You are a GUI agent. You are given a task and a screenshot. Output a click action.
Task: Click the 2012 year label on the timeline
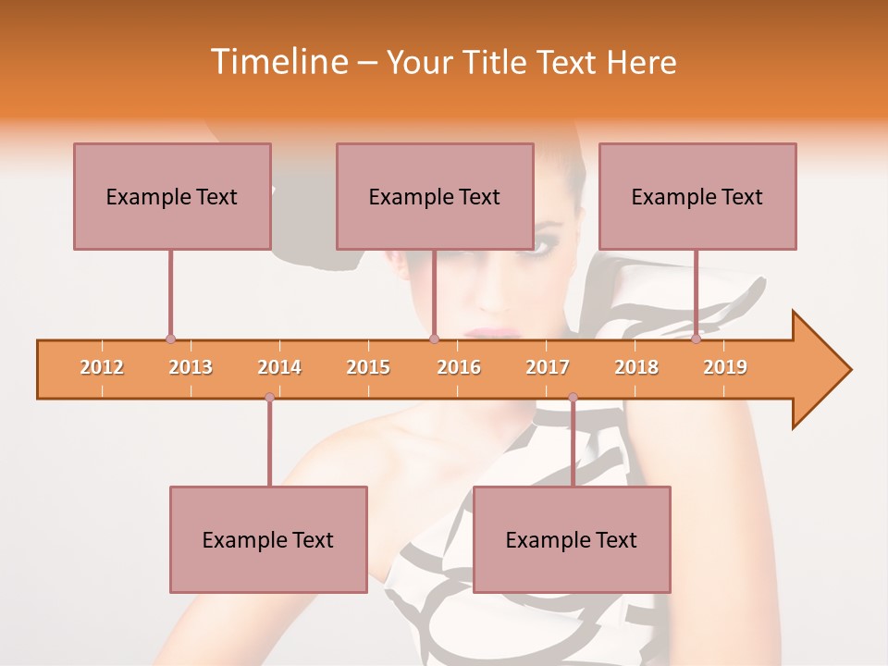102,367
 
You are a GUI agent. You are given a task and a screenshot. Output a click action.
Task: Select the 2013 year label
191,367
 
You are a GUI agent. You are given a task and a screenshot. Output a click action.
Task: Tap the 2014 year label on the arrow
279,367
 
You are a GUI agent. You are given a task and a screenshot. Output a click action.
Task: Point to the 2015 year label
368,367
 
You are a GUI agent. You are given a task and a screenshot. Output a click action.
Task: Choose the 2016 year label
459,367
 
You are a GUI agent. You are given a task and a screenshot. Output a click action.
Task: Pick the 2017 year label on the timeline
548,367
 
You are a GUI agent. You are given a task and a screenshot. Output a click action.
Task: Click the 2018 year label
636,367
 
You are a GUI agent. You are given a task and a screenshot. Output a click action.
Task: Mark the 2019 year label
725,367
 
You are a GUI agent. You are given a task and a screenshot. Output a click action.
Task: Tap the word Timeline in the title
277,62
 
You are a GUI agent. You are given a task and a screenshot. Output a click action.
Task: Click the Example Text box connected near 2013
172,196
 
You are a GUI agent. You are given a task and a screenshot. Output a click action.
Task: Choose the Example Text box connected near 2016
435,196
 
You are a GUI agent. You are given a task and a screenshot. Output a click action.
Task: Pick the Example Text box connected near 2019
697,196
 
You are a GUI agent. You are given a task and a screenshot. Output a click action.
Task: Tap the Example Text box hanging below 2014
268,539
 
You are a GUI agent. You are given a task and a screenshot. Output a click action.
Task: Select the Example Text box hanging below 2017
572,539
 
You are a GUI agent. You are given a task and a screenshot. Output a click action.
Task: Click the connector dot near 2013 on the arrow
170,339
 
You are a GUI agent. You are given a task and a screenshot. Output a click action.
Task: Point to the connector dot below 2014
269,398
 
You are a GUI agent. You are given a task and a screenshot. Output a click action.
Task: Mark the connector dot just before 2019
697,339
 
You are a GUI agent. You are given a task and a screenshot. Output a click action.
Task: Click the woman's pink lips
490,331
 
